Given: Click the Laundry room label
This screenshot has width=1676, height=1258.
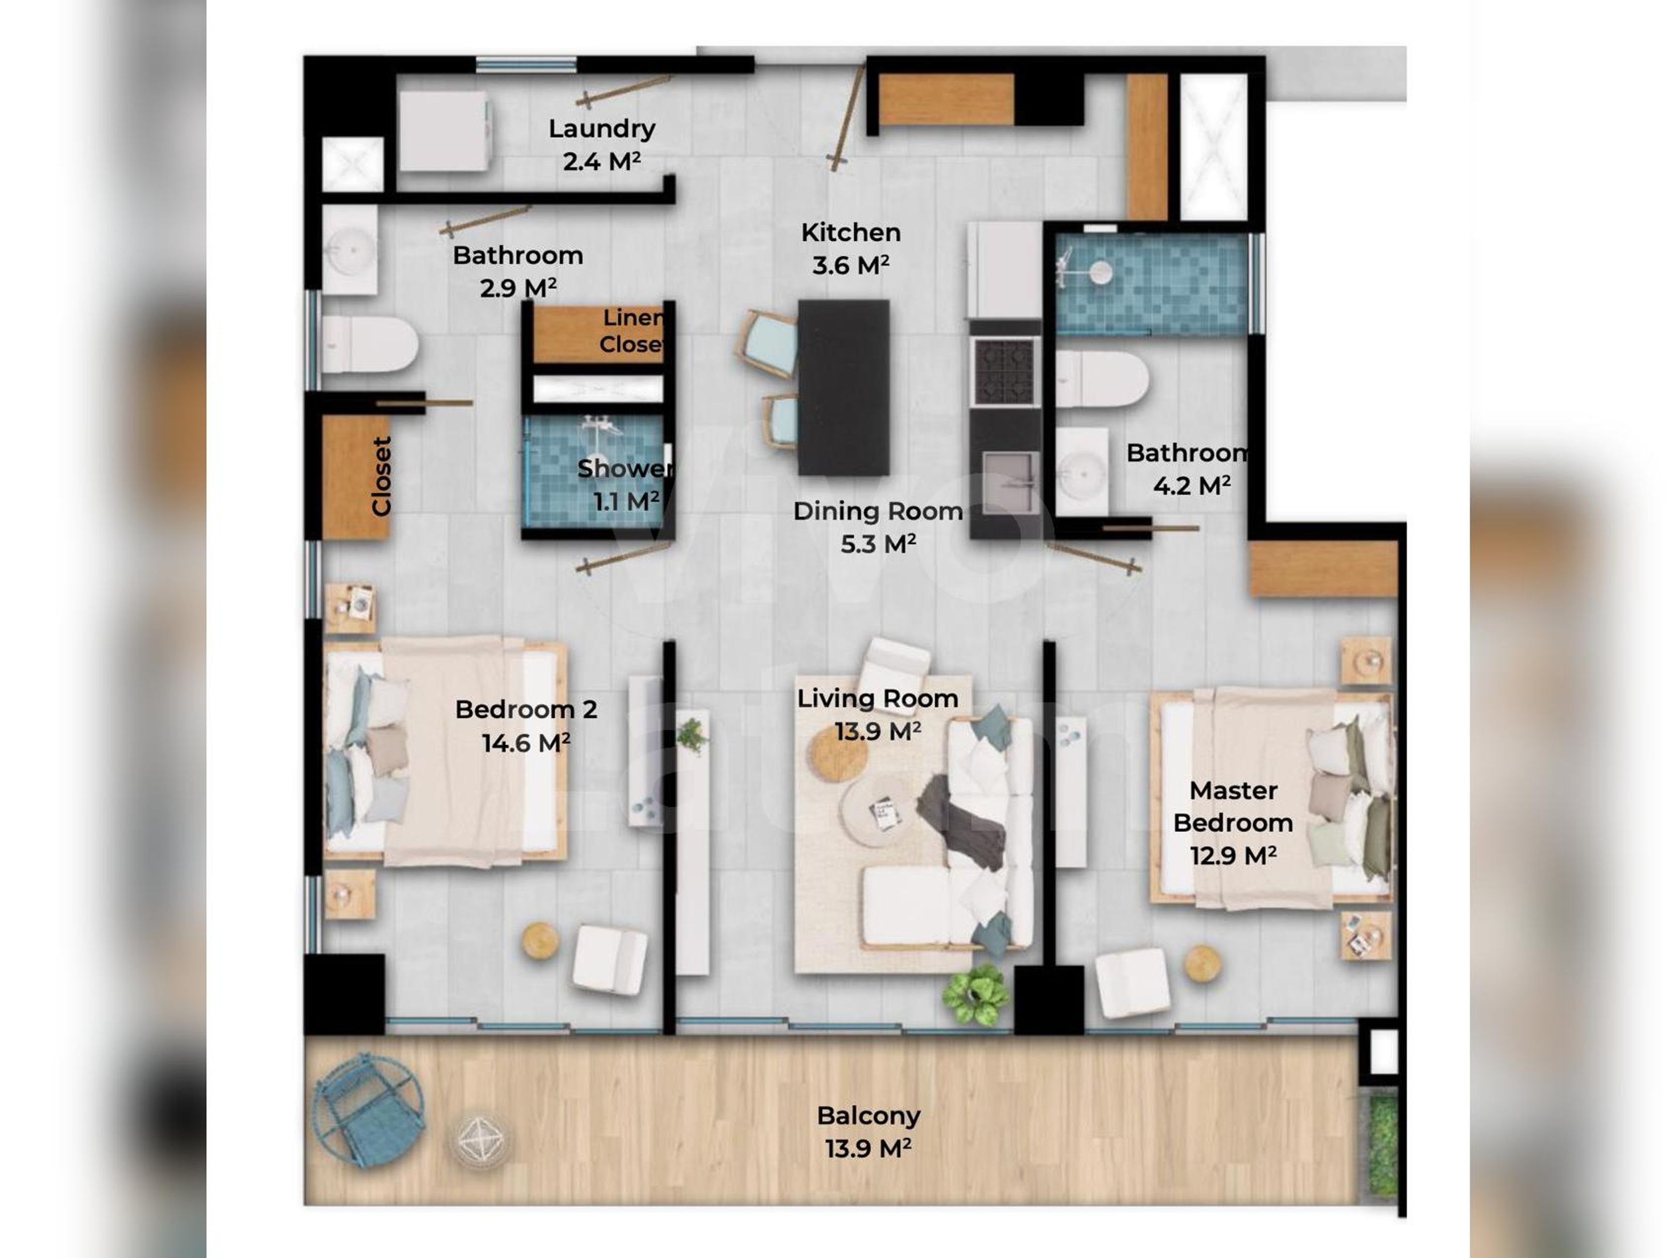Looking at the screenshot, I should (x=601, y=129).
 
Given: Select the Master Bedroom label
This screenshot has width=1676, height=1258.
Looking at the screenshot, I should (x=1233, y=806).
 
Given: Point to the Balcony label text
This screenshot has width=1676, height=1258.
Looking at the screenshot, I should (x=868, y=1116).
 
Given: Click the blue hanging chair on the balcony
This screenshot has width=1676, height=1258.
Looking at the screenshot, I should (x=369, y=1111).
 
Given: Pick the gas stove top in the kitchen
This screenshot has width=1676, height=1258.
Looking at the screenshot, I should (x=1005, y=371).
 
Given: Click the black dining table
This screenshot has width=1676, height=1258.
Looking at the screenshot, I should (x=843, y=386).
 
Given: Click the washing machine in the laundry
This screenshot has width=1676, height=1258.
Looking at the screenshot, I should (x=444, y=131).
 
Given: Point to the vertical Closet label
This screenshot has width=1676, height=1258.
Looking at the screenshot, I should (x=381, y=476).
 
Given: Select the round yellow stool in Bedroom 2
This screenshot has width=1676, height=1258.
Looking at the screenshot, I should (x=540, y=941).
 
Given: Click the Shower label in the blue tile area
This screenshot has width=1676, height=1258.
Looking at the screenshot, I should (x=624, y=469).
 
